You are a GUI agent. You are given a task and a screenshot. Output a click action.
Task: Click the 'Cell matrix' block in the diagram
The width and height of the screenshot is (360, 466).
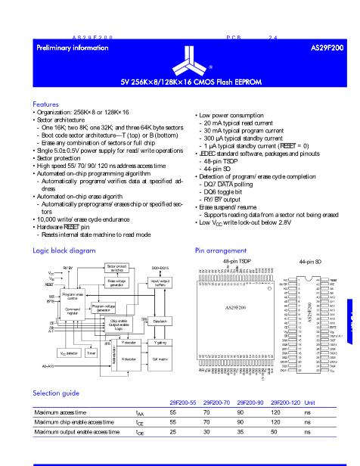(160, 359)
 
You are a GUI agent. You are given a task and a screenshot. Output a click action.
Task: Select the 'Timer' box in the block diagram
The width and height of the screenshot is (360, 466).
(90, 353)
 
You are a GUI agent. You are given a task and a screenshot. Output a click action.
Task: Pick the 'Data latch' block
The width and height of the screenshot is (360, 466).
(160, 322)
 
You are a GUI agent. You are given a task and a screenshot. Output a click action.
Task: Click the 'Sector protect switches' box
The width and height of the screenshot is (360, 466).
(116, 269)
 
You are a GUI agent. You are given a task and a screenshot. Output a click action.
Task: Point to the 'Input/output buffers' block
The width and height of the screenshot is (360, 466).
(160, 282)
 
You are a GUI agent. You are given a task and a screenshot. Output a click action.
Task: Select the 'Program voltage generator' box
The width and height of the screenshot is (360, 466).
(104, 307)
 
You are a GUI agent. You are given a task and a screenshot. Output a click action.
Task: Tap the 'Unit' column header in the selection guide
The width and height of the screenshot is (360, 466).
(309, 402)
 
